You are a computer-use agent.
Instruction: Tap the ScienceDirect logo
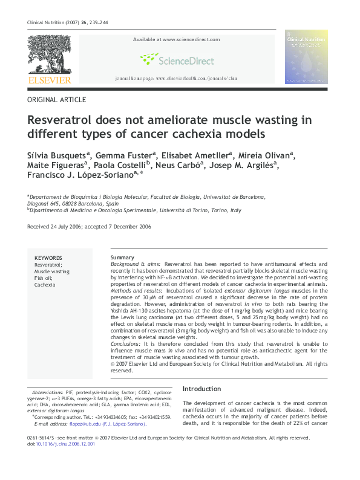click(x=174, y=59)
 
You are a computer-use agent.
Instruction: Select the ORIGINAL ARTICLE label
click(x=57, y=100)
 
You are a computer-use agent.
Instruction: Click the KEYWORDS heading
click(x=48, y=258)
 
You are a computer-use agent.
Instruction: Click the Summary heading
click(x=122, y=258)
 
